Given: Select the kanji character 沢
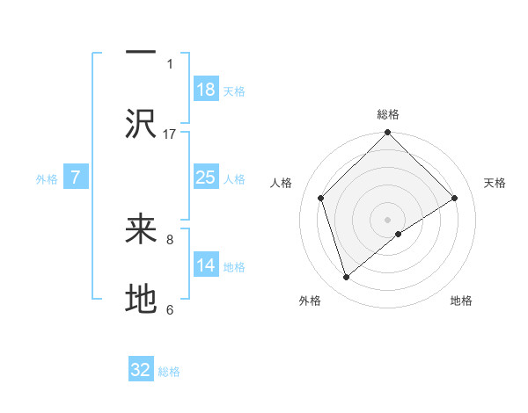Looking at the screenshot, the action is click(x=141, y=124).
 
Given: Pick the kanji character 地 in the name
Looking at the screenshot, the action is click(x=141, y=300).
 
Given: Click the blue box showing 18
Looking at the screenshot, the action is click(x=206, y=90).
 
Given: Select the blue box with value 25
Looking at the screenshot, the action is click(x=206, y=178).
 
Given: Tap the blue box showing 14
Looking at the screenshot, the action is click(x=206, y=265).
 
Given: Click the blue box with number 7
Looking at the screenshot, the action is click(x=76, y=178).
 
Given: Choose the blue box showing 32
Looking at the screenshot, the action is click(x=141, y=370).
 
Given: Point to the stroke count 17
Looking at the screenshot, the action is click(x=170, y=134).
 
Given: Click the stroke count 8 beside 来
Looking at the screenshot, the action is click(x=170, y=238).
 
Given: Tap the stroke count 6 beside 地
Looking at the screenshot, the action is click(x=170, y=309).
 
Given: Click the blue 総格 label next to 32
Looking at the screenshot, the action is click(x=169, y=372).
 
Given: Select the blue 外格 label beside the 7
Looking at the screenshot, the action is click(x=47, y=179).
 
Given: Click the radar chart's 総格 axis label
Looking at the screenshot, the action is click(x=387, y=114).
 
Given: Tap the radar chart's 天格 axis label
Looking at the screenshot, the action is click(x=495, y=183).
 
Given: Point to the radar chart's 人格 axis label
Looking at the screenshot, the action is click(x=281, y=183).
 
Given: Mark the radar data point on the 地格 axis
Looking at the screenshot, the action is click(x=399, y=234).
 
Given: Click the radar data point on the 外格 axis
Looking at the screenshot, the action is click(x=347, y=278).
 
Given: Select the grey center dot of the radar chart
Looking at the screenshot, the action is click(x=387, y=219).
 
